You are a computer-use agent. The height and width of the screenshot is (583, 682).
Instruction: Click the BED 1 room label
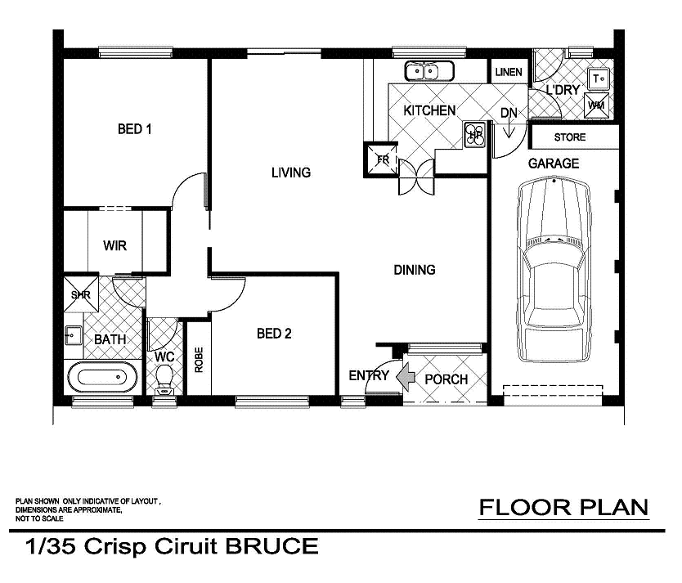click(136, 129)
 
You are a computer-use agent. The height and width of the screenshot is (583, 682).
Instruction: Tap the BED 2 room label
click(274, 334)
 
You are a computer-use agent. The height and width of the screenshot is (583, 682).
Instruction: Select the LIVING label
click(291, 173)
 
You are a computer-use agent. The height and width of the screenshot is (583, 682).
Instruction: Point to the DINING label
click(415, 270)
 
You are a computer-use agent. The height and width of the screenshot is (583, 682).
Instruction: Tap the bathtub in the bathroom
click(102, 379)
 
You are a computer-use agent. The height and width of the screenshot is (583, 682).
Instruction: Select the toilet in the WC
click(164, 379)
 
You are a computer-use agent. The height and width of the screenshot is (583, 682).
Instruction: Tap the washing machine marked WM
click(597, 105)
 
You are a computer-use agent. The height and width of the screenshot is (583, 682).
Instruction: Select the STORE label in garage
click(570, 137)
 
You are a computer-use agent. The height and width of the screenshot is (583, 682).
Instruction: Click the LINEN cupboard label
click(508, 72)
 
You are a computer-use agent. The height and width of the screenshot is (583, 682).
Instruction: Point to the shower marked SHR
click(80, 295)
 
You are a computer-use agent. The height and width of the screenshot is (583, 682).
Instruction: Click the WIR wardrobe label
click(114, 246)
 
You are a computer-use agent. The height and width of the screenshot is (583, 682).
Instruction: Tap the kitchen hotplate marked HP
click(474, 135)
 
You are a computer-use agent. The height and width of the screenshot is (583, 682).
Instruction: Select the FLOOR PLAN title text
click(563, 508)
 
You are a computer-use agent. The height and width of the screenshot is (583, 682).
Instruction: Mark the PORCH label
click(446, 379)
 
